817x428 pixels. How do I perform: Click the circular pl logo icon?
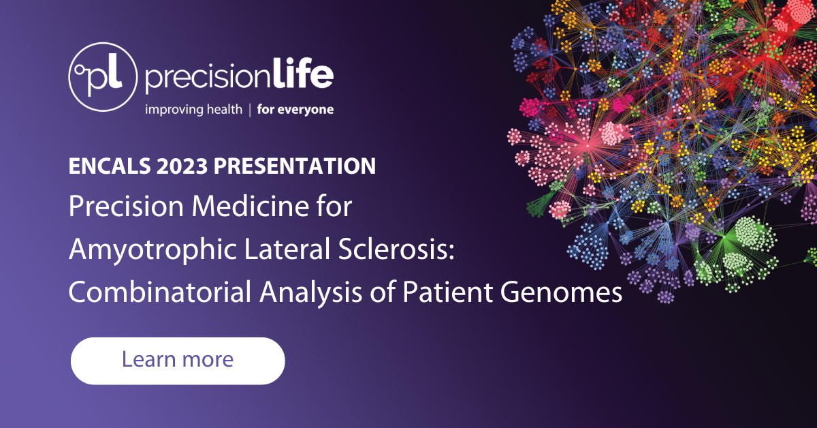pos(103,76)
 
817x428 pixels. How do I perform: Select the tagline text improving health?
pos(193,109)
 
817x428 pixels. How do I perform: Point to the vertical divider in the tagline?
pos(250,109)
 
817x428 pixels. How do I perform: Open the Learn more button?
pos(178,360)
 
